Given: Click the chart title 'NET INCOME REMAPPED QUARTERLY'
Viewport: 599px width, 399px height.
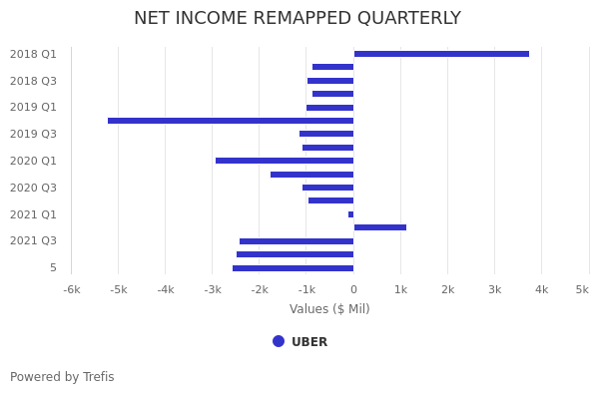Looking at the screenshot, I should pos(298,19).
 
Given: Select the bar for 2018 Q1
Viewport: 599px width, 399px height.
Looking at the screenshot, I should pos(441,54).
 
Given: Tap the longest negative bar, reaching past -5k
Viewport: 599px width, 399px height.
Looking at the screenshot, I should pos(231,121).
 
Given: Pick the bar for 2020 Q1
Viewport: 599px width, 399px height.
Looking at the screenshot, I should pos(285,161).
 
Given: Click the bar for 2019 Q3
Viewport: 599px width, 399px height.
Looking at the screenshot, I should pos(326,134).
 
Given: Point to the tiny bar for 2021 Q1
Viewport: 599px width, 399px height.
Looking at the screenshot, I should pos(350,214).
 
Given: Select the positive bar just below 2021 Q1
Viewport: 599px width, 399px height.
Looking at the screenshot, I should pos(380,227).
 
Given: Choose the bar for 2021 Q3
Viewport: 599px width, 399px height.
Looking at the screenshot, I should pos(297,241).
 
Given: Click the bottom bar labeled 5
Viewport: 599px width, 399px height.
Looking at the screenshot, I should pos(293,268).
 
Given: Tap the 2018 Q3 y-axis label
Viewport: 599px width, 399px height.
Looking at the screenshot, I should pos(33,81).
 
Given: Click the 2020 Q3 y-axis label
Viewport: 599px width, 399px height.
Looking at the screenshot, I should pos(33,188).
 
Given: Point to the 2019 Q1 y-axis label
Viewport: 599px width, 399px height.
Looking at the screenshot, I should pos(33,108).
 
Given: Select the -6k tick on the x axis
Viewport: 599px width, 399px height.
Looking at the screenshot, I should pos(71,289).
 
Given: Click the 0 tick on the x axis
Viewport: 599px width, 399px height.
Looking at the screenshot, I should pos(353,289).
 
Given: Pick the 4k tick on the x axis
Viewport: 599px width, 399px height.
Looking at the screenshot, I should pos(541,289).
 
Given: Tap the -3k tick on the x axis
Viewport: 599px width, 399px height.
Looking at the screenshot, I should pos(213,289).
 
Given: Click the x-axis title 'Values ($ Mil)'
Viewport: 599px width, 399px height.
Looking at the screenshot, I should pos(329,309).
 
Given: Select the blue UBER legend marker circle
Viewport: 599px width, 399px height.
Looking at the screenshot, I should pos(279,341).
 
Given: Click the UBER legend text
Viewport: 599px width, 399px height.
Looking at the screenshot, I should pos(309,342).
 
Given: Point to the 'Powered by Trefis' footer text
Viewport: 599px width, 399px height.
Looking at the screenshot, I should pos(62,377).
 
